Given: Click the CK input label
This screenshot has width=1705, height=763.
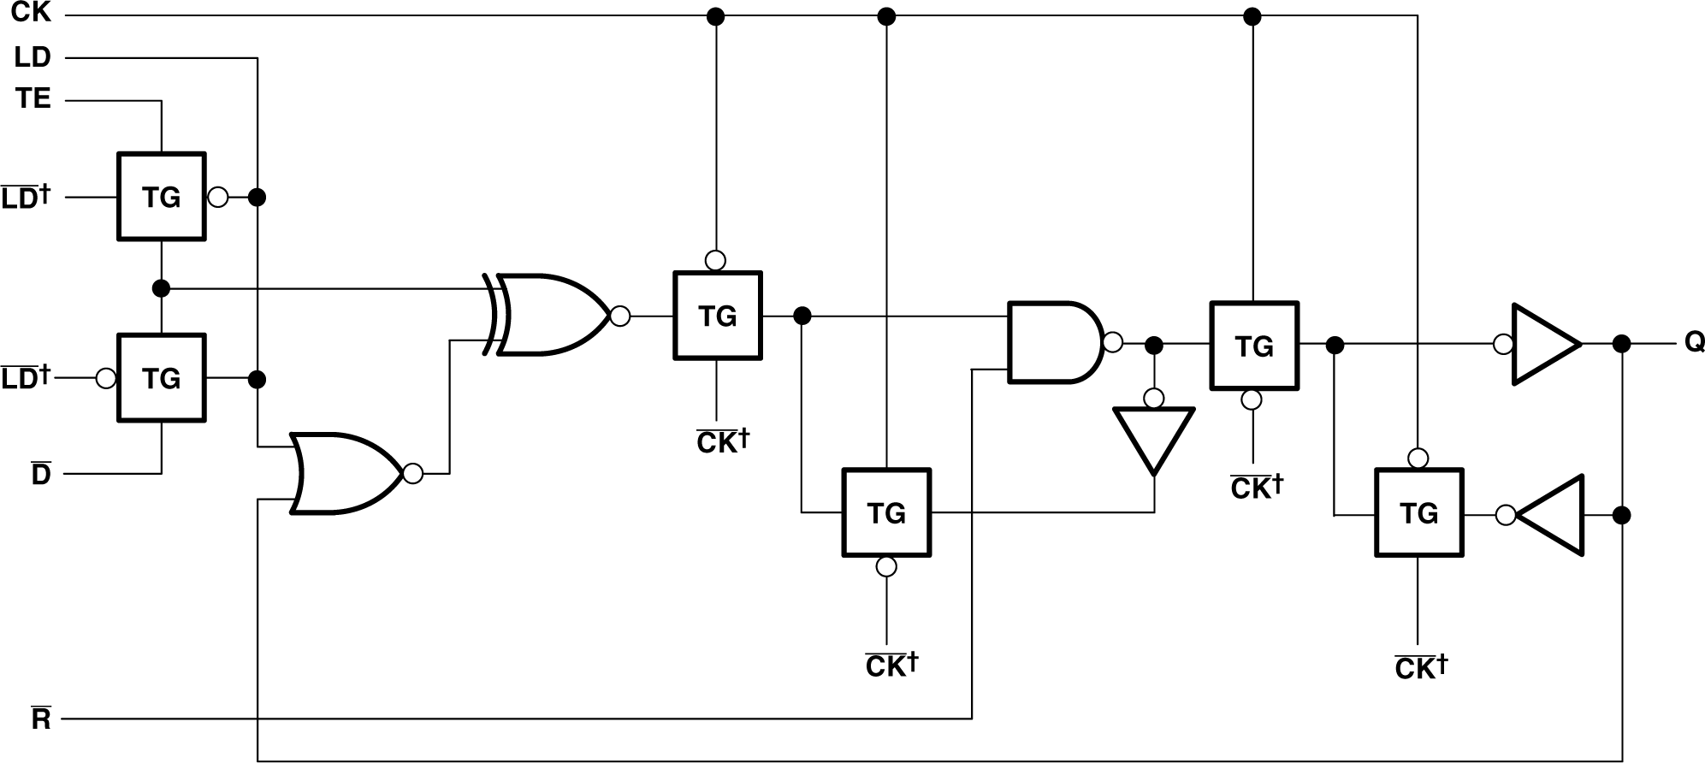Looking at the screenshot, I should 32,14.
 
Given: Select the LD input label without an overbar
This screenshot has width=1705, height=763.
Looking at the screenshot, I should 33,58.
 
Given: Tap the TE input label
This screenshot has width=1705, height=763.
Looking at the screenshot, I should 33,100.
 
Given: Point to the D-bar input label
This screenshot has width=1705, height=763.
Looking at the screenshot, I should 41,475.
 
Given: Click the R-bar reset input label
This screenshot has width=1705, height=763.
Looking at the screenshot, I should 40,720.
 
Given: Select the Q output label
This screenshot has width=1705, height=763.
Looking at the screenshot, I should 1694,343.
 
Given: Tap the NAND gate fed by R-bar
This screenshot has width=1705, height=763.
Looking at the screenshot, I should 1055,342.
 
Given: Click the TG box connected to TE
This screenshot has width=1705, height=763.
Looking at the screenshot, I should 161,197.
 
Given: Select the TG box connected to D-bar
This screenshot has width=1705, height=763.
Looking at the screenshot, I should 161,377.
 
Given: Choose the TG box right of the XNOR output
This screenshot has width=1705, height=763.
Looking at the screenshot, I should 717,316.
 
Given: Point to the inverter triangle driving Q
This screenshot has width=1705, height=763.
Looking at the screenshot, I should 1543,344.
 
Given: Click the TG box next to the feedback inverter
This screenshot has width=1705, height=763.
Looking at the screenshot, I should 1418,512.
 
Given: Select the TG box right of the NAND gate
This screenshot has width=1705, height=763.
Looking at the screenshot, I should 1253,346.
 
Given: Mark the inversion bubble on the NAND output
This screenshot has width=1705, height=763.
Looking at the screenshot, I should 1112,343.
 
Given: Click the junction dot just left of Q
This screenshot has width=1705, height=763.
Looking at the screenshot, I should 1621,344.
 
